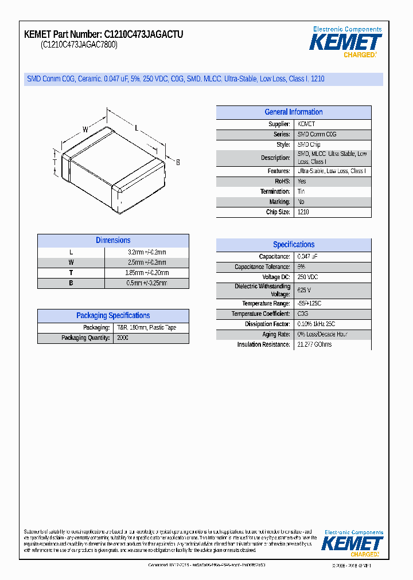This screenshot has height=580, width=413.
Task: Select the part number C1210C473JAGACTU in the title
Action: pyautogui.click(x=144, y=34)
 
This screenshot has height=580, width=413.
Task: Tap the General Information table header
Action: pyautogui.click(x=293, y=112)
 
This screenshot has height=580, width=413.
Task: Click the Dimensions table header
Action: pyautogui.click(x=113, y=241)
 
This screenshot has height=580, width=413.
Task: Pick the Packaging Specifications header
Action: pyautogui.click(x=113, y=316)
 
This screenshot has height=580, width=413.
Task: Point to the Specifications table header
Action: pyautogui.click(x=293, y=245)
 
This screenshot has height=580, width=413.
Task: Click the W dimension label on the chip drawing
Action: pyautogui.click(x=85, y=130)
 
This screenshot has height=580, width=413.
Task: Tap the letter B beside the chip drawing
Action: pyautogui.click(x=178, y=163)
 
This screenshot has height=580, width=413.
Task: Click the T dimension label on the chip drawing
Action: pyautogui.click(x=54, y=162)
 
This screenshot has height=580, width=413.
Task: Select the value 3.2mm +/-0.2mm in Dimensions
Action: pyautogui.click(x=146, y=252)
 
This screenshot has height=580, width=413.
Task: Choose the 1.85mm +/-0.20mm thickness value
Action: pyautogui.click(x=146, y=273)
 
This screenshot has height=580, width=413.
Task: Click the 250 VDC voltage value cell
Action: pyautogui.click(x=307, y=277)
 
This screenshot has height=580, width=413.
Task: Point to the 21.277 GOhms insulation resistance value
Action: pyautogui.click(x=314, y=344)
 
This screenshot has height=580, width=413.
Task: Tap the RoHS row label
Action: pyautogui.click(x=282, y=181)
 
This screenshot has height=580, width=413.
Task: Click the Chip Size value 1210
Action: pyautogui.click(x=303, y=212)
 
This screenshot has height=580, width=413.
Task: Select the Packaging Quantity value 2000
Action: pyautogui.click(x=123, y=338)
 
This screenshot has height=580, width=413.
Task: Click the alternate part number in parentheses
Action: pyautogui.click(x=79, y=45)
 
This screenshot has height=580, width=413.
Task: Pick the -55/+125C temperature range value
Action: pyautogui.click(x=309, y=303)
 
